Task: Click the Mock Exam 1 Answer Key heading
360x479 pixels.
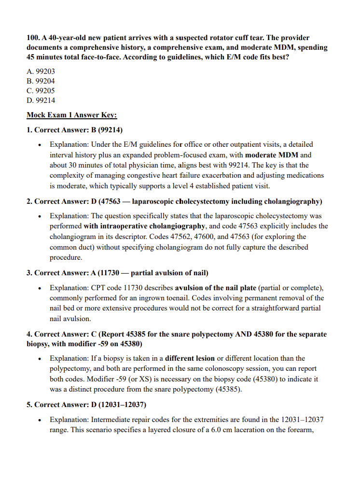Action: tap(72, 115)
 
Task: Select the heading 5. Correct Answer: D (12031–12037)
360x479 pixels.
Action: tap(86, 404)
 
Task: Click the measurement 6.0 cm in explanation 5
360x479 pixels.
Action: tap(218, 430)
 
